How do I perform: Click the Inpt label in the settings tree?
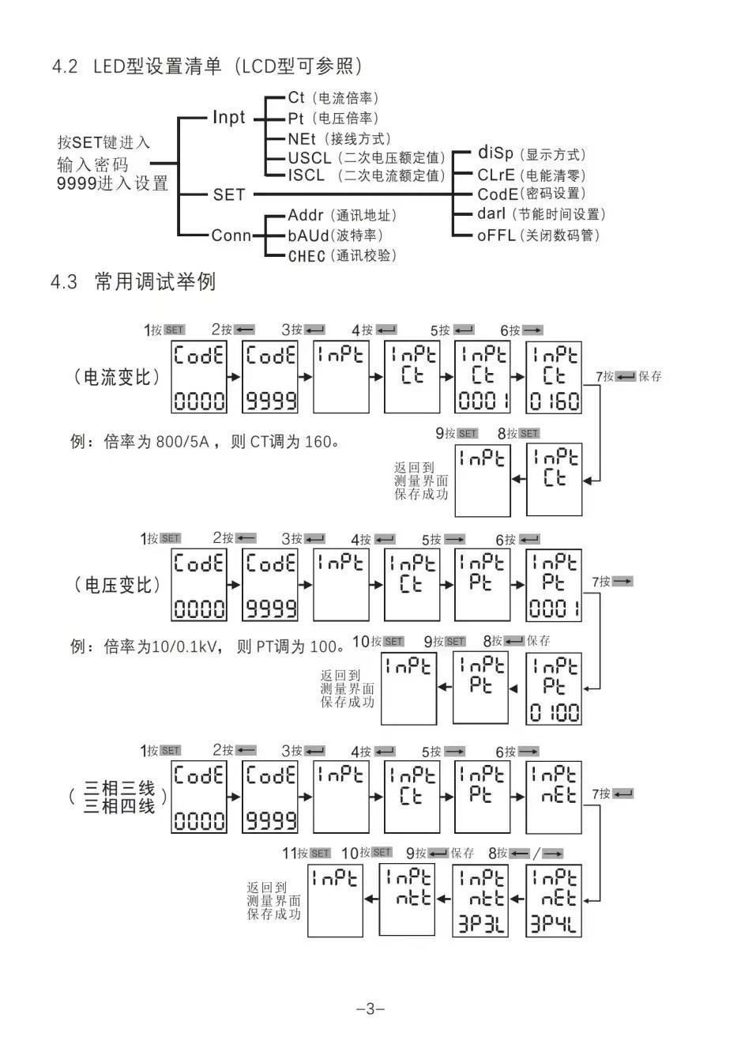click(x=229, y=118)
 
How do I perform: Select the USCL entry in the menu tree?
click(x=309, y=158)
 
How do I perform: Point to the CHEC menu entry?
click(x=307, y=256)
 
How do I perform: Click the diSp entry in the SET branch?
click(x=495, y=153)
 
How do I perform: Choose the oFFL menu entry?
click(x=496, y=236)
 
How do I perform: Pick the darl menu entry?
click(x=491, y=214)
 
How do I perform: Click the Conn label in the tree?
click(x=231, y=236)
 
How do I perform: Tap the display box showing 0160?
click(x=554, y=378)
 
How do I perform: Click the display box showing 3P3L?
click(x=482, y=901)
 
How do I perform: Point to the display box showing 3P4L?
click(x=554, y=901)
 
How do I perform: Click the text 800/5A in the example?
click(x=182, y=442)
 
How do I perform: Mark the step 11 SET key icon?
click(x=320, y=854)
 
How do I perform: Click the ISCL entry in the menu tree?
click(x=307, y=175)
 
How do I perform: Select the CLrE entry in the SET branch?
click(x=496, y=175)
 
